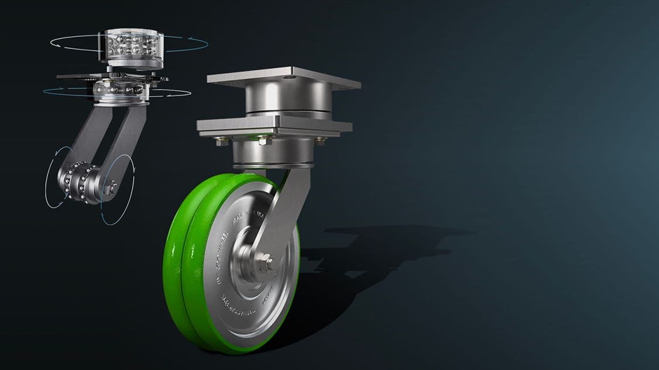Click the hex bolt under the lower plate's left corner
(218, 141)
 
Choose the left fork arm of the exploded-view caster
(88, 135)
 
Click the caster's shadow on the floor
(375, 246)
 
